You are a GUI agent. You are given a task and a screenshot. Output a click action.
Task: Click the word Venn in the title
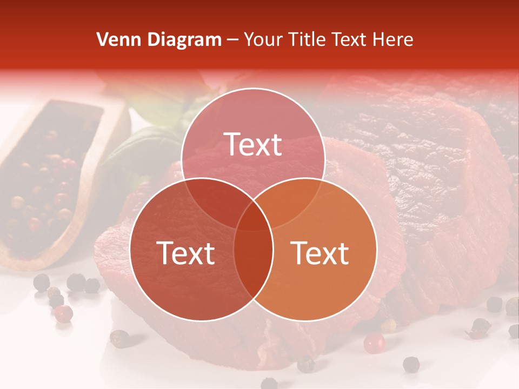[115, 39]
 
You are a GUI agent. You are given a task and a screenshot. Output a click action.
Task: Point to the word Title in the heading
[310, 39]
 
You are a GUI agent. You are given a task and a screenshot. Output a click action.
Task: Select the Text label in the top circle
[253, 144]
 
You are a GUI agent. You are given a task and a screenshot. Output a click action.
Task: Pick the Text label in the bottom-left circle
[185, 253]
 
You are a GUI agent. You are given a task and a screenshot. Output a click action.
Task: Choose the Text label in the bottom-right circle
[320, 253]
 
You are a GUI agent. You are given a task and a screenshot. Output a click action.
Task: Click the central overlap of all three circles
[253, 216]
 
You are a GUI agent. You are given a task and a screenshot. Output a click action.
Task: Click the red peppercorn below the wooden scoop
[64, 313]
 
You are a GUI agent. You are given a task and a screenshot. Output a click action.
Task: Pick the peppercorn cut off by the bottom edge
[269, 384]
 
